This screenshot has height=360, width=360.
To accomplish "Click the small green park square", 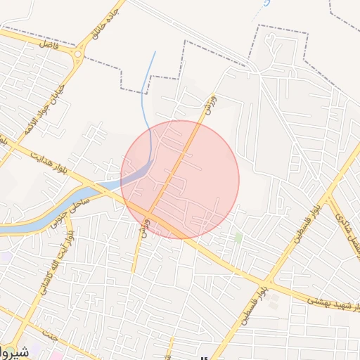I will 238,238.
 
